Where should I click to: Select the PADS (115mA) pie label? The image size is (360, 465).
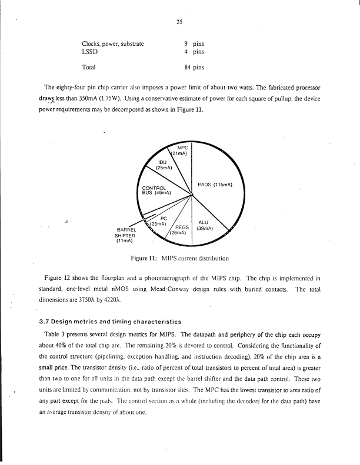(215, 185)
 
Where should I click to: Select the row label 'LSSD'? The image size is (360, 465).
(89, 52)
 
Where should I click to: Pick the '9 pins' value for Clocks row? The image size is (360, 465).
(194, 43)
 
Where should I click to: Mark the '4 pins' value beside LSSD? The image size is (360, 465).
(194, 52)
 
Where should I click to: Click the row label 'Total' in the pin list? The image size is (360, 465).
(89, 67)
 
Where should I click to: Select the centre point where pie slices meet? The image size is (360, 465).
(192, 195)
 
